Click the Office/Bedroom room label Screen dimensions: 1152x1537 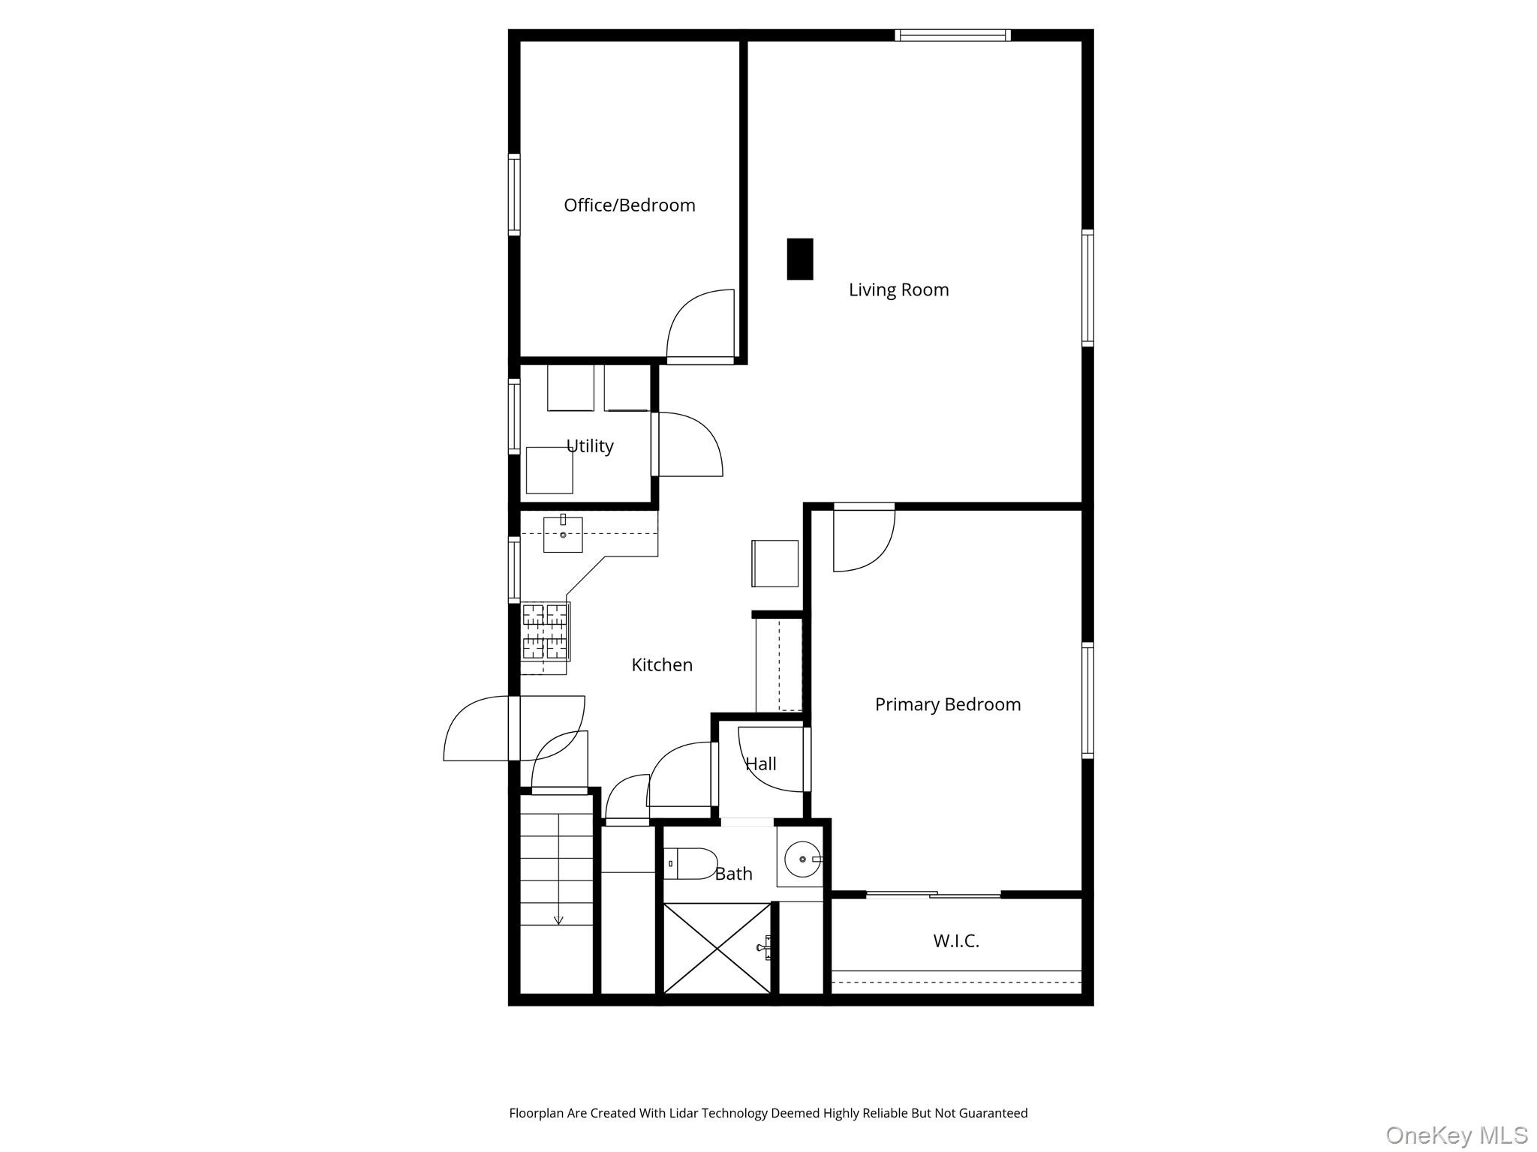click(629, 205)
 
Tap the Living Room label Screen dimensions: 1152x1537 click(898, 289)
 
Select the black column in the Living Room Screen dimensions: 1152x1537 click(799, 259)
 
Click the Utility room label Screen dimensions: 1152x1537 click(590, 446)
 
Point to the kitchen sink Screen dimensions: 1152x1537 click(563, 534)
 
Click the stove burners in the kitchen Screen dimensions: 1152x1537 click(546, 631)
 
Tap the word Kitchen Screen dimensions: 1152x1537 click(661, 664)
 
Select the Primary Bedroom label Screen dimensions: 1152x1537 click(947, 704)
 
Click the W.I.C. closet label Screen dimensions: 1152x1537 click(956, 940)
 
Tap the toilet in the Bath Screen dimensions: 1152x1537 click(690, 863)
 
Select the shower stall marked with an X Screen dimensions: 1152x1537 click(717, 949)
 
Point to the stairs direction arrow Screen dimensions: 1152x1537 click(558, 919)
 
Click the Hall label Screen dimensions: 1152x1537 click(760, 764)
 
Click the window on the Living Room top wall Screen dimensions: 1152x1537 click(952, 34)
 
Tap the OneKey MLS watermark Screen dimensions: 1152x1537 click(1456, 1135)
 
